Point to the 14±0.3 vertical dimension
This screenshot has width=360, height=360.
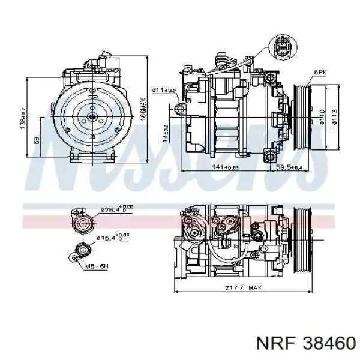pos(165,134)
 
